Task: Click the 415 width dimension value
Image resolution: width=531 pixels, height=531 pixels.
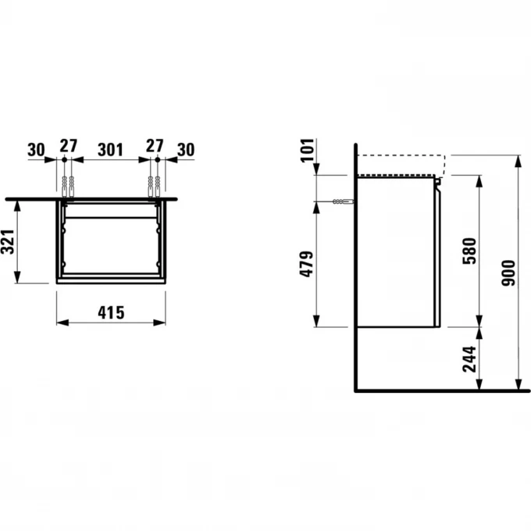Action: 112,312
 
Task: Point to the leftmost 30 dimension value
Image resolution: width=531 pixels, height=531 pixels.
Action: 35,148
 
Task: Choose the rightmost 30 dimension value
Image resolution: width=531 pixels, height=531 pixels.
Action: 186,148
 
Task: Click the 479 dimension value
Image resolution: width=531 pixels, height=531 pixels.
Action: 307,265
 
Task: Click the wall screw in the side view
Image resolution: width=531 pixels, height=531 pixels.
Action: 339,201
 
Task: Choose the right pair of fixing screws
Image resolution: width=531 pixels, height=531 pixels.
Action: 155,186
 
